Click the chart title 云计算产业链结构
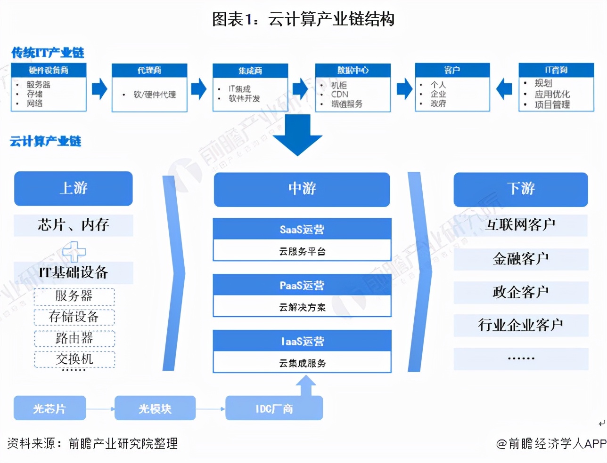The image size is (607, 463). click(x=303, y=19)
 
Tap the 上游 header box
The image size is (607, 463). click(x=74, y=188)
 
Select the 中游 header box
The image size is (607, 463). click(x=302, y=189)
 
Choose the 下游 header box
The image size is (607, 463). click(x=521, y=189)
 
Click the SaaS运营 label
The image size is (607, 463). click(x=302, y=229)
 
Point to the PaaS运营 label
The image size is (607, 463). click(x=302, y=285)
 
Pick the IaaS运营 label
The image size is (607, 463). click(x=302, y=341)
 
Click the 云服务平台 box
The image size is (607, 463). click(x=302, y=251)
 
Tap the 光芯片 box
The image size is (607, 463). click(x=50, y=408)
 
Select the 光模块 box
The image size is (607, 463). click(x=155, y=408)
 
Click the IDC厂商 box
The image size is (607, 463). click(x=274, y=408)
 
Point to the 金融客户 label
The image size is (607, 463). click(x=521, y=259)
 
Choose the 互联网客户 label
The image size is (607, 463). click(x=521, y=225)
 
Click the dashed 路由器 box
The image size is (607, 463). click(x=74, y=338)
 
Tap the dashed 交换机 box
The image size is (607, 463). click(x=74, y=359)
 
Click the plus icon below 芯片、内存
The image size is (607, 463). click(x=74, y=251)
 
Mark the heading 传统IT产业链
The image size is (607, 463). click(x=48, y=53)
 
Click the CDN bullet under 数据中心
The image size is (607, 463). click(x=340, y=94)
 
